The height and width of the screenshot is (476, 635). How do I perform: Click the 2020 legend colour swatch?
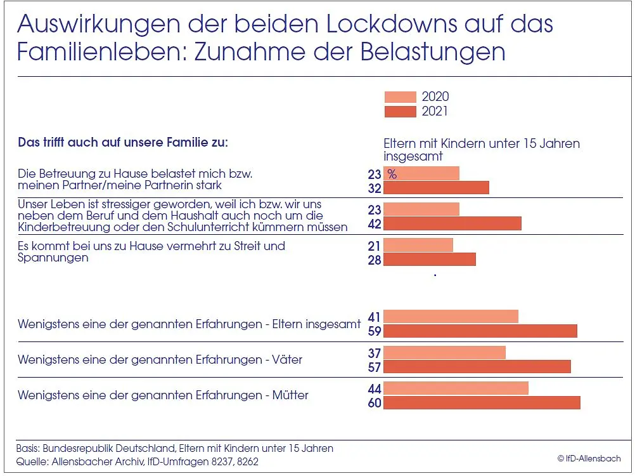[x=400, y=97]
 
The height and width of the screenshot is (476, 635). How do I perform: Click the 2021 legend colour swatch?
[x=400, y=112]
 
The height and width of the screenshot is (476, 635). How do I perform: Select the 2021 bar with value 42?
[x=452, y=223]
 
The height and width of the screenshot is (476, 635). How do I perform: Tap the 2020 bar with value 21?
[x=418, y=245]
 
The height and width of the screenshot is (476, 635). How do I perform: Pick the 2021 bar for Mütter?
[x=482, y=402]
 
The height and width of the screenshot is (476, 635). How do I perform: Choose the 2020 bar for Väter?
[x=444, y=352]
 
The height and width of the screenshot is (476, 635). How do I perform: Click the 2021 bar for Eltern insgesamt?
[x=480, y=331]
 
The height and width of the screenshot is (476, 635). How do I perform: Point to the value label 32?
[x=375, y=188]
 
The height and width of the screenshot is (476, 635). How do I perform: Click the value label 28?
[x=375, y=260]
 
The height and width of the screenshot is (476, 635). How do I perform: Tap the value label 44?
[x=375, y=388]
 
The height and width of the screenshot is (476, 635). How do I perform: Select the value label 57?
[x=375, y=367]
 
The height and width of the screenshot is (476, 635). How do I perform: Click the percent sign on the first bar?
[x=392, y=175]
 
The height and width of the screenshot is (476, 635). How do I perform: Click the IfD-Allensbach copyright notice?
[x=589, y=458]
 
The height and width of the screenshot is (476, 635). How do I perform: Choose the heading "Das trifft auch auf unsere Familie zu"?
[x=122, y=142]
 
